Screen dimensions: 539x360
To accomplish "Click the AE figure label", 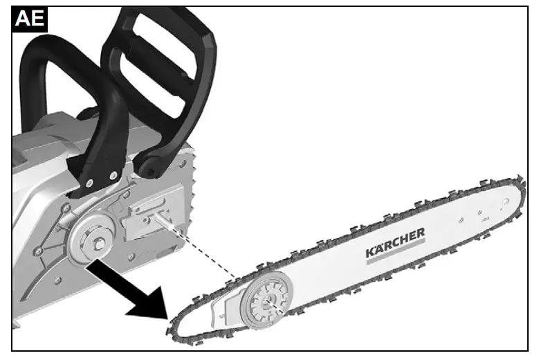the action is tap(29, 19).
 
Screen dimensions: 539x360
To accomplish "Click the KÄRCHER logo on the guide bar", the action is tap(394, 243).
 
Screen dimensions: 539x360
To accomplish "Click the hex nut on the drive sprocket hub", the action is tap(94, 241).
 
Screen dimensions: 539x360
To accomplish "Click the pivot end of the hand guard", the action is tap(149, 166).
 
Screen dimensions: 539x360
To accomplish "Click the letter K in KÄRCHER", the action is tap(371, 253).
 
